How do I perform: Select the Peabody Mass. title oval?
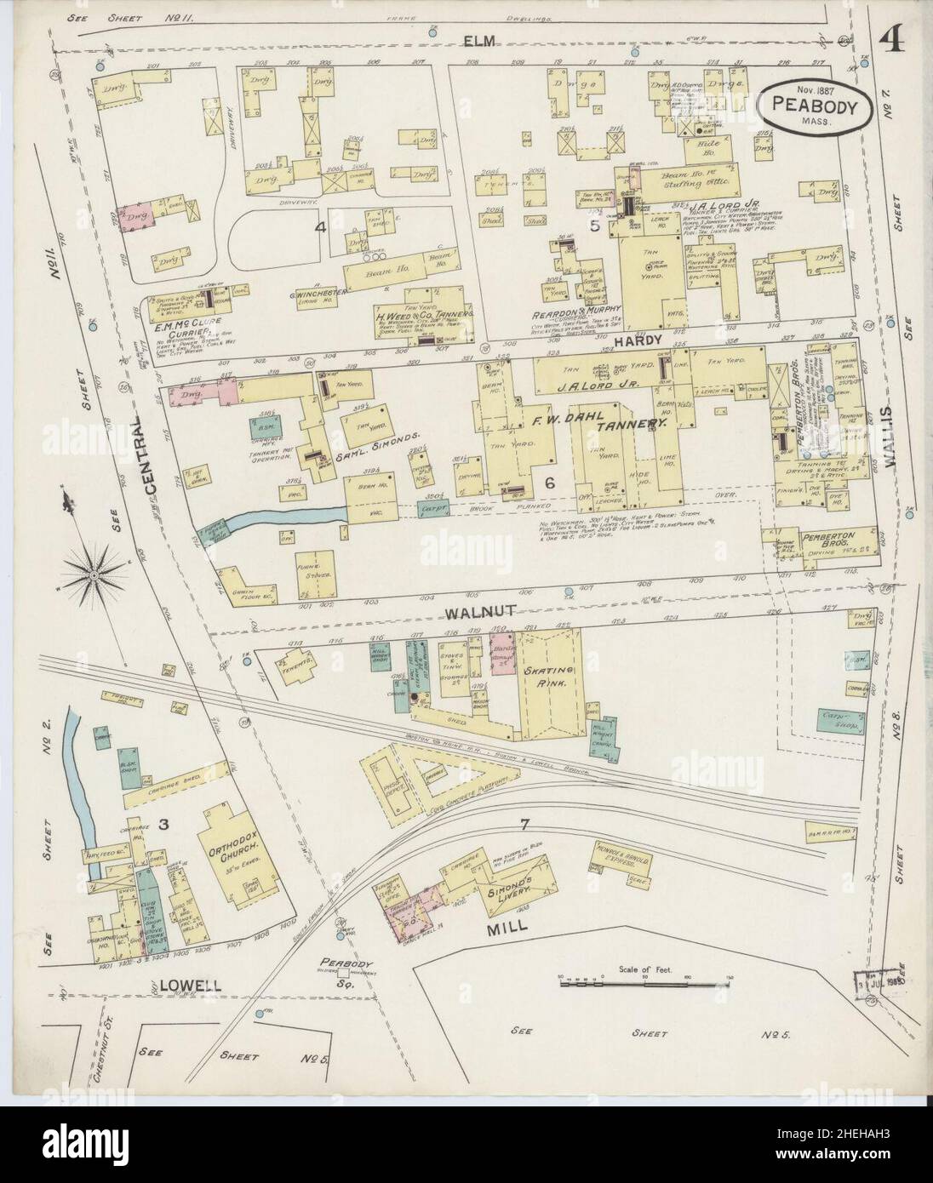coord(815,106)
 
